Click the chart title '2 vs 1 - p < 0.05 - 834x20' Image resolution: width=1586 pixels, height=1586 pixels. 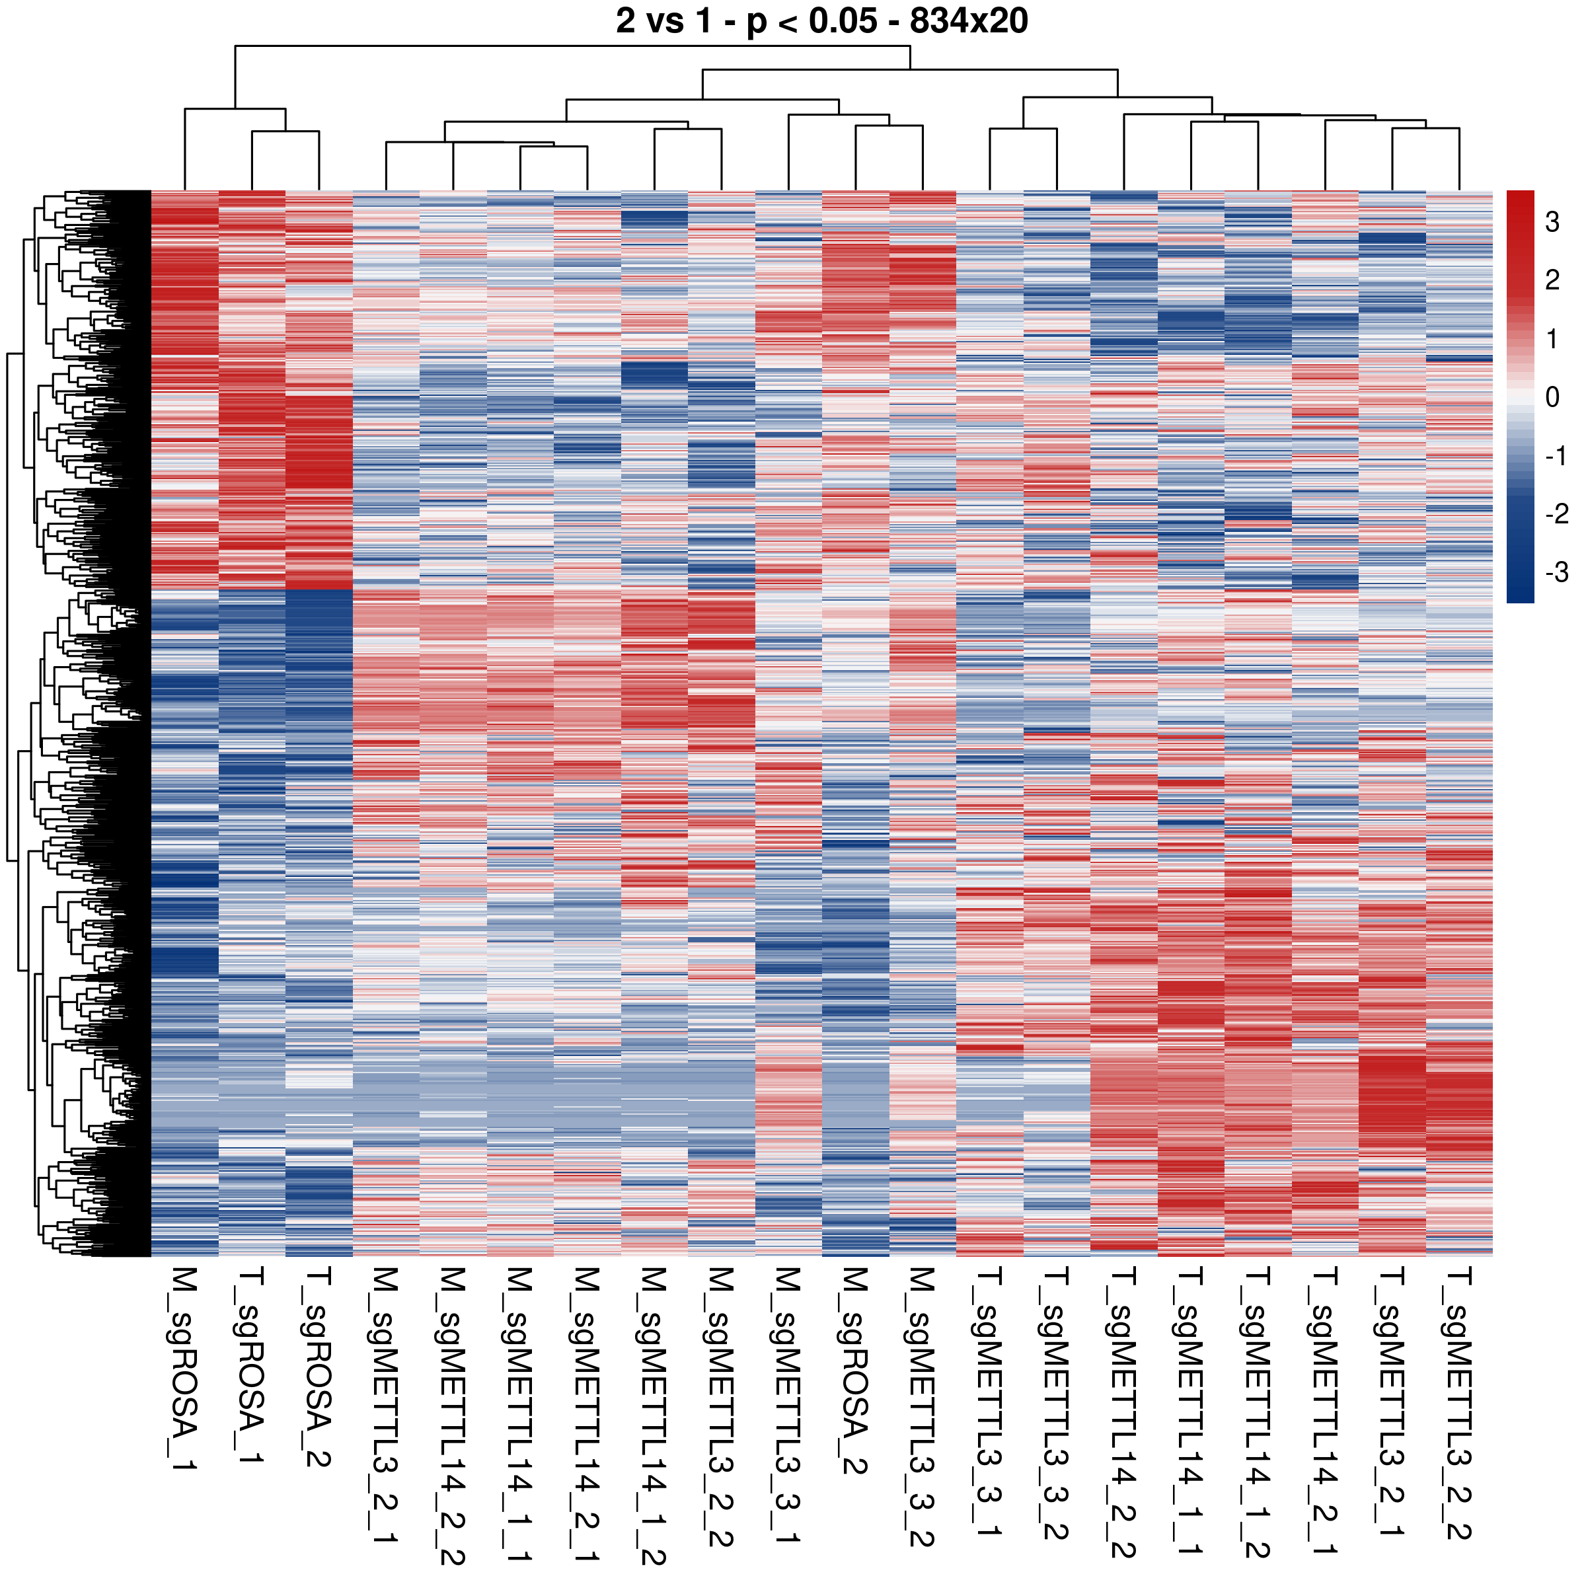coord(821,21)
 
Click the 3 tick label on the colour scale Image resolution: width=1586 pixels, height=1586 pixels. coord(1552,221)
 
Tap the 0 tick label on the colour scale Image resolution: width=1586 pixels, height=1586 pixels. coord(1552,397)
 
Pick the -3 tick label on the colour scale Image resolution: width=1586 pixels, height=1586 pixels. coord(1556,572)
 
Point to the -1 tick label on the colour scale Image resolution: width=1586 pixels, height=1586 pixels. coord(1556,455)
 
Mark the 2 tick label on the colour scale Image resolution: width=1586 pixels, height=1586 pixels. coord(1552,281)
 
